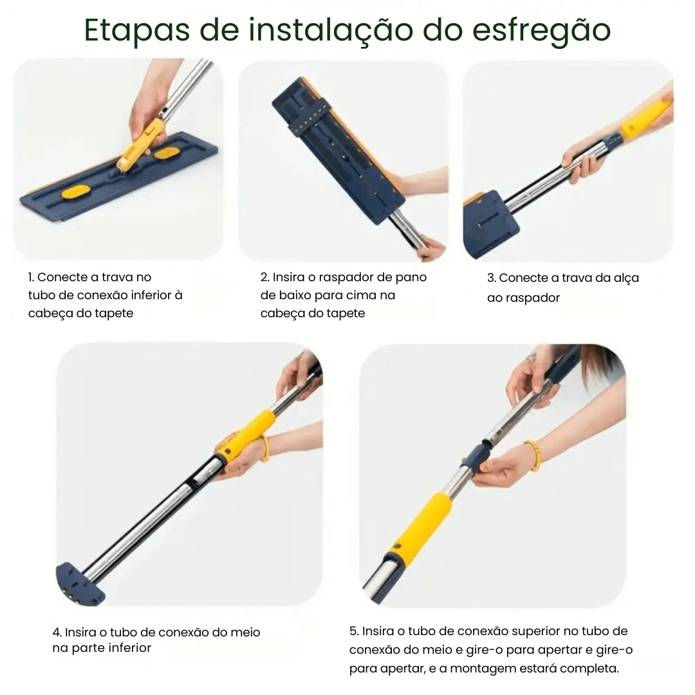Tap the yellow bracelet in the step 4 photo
point(264,448)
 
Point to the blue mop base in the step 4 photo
point(79,583)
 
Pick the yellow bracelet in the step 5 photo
point(533,454)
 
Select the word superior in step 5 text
point(530,631)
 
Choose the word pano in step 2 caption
point(412,277)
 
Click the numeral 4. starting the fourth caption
point(57,633)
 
